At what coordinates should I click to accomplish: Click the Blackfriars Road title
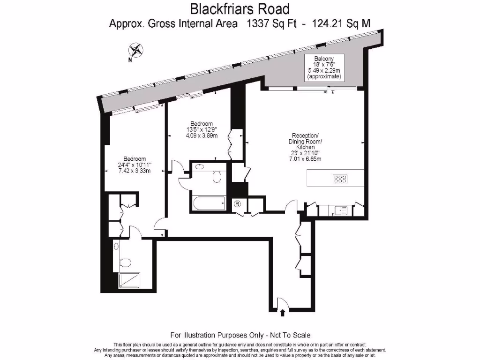click(240, 8)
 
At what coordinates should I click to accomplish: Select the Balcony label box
click(324, 67)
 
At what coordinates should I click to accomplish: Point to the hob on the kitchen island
click(340, 179)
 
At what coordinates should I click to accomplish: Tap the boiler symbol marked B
click(237, 204)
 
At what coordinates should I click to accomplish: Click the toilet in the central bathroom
click(217, 176)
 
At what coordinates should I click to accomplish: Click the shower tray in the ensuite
click(132, 280)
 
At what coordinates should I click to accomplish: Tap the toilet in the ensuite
click(125, 263)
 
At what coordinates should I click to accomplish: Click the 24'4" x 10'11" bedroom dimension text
click(135, 165)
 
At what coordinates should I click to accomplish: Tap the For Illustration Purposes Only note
click(240, 335)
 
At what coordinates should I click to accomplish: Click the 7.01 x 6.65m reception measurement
click(306, 158)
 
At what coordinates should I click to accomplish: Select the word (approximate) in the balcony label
click(324, 76)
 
